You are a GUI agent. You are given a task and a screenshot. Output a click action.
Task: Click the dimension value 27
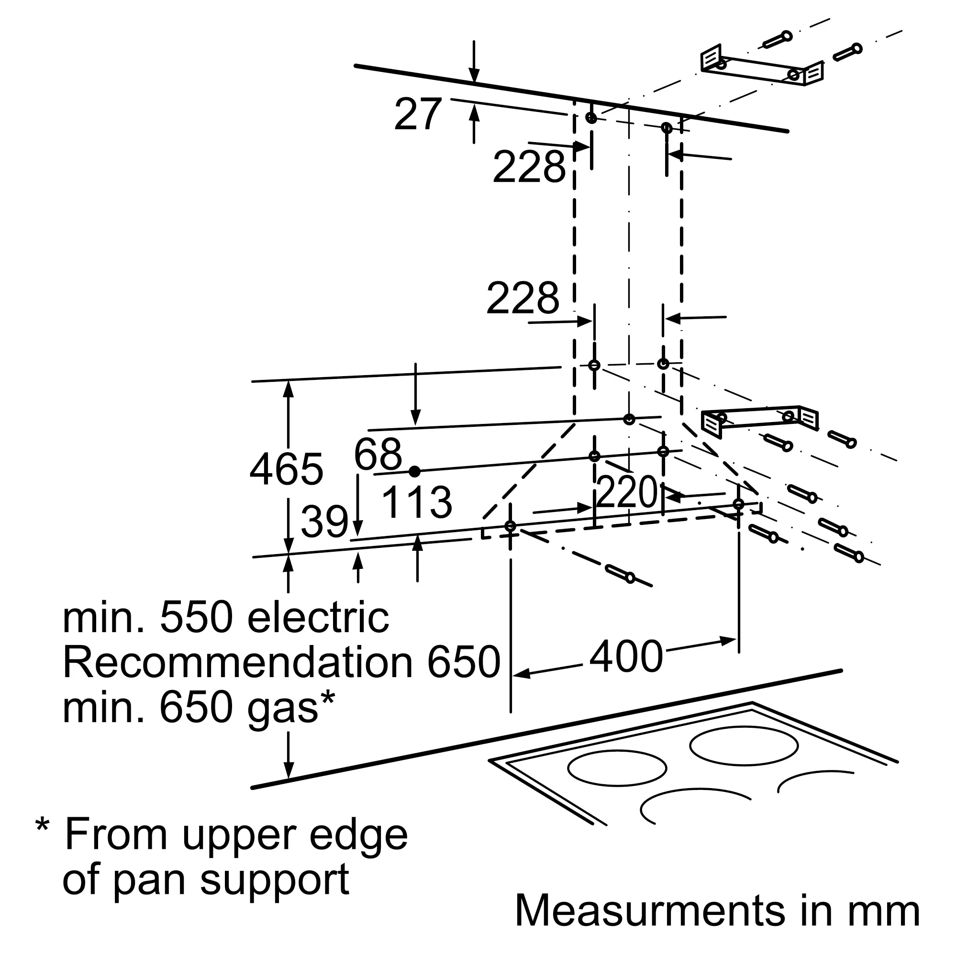tap(417, 114)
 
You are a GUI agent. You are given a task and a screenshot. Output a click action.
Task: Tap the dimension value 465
tap(286, 469)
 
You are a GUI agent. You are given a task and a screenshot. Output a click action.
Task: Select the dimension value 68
tap(378, 454)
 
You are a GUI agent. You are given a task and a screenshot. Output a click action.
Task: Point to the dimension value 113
tap(417, 502)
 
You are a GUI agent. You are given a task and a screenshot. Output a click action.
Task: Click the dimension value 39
tap(324, 522)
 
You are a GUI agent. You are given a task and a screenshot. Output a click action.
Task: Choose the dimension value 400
tap(626, 657)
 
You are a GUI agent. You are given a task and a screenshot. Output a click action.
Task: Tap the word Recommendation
tap(238, 662)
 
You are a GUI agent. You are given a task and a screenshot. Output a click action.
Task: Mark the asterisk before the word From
tap(43, 826)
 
